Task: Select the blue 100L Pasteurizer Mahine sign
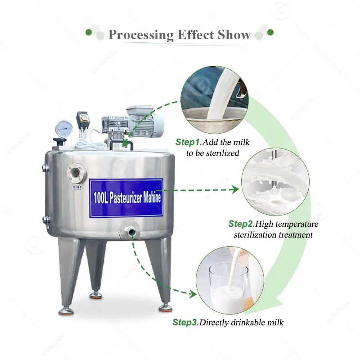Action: tap(126, 198)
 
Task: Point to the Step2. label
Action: tap(242, 224)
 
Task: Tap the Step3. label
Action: tap(185, 322)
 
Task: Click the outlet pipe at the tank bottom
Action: tap(130, 232)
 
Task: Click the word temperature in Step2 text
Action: tap(296, 224)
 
